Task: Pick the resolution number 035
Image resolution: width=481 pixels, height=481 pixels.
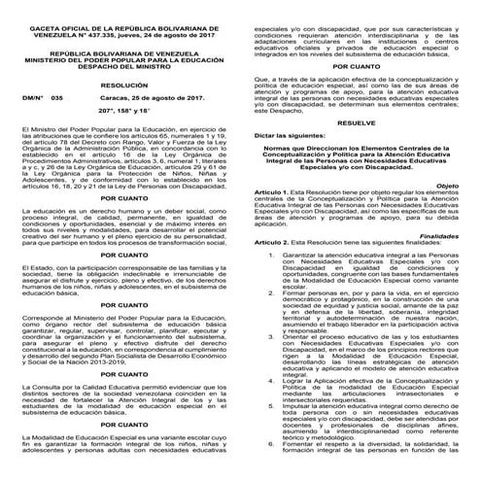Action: (x=56, y=98)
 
